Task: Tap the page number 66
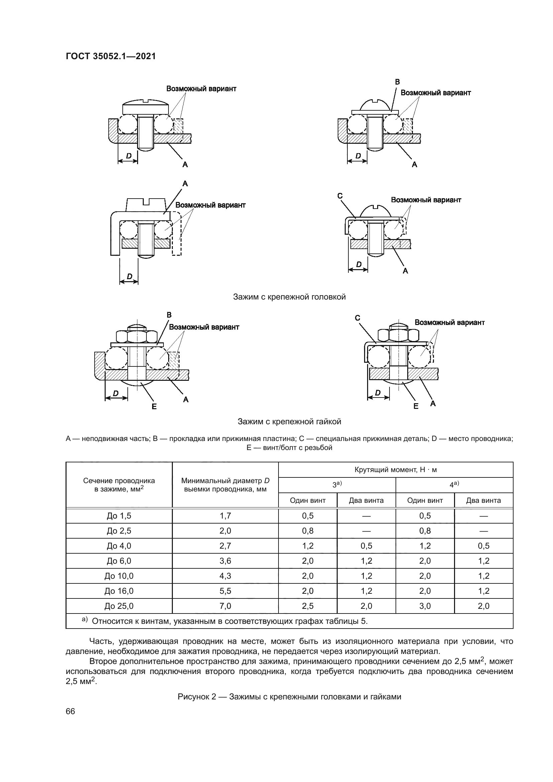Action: point(70,711)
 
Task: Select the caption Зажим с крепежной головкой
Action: point(289,297)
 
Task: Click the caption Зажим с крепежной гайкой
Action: point(289,422)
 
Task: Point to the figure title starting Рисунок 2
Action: point(289,696)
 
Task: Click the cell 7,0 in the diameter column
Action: point(225,606)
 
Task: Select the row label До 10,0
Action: point(119,576)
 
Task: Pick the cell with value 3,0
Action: point(425,606)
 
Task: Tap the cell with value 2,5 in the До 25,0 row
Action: point(308,606)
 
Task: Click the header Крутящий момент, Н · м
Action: point(395,470)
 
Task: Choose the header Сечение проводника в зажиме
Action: point(119,485)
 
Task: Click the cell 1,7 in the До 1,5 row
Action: point(225,516)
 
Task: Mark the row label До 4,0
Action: point(119,546)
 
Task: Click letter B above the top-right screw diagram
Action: point(398,82)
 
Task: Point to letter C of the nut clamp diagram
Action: point(357,318)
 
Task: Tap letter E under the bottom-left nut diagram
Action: point(154,406)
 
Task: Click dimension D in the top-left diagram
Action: point(128,156)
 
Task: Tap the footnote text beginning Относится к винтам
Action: point(229,621)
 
